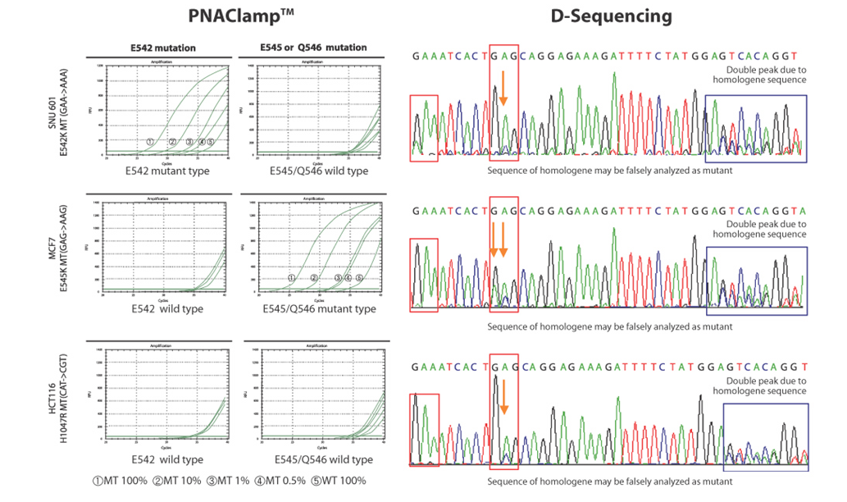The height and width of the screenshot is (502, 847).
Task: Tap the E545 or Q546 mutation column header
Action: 313,48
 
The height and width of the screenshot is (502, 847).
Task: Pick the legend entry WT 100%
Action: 339,481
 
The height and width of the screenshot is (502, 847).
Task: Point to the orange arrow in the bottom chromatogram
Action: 504,395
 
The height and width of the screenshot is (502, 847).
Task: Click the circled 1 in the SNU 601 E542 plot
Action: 150,142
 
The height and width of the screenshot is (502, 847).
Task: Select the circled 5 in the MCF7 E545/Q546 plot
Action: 358,279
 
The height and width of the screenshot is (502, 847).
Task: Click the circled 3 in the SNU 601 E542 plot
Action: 189,142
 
